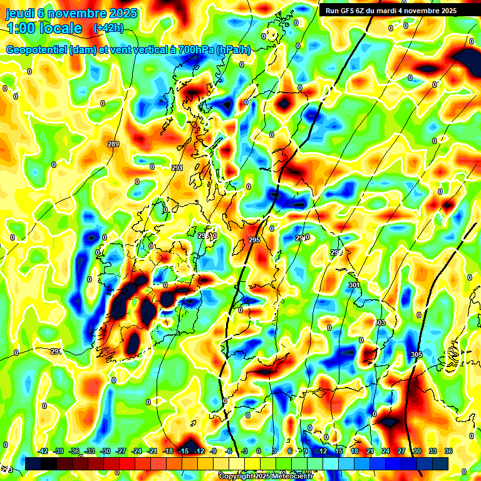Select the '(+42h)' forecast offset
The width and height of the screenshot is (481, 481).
pos(108,28)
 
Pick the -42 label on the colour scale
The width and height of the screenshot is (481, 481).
pos(43,451)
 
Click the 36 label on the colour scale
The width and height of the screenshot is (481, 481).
pos(448,451)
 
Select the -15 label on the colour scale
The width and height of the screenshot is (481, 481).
pos(184,451)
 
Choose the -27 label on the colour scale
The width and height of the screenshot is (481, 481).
pos(121,451)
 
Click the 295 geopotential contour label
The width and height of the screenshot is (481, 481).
pos(254,240)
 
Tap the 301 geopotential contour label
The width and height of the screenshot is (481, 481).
pos(354,285)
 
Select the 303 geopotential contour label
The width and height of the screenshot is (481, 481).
pos(380,323)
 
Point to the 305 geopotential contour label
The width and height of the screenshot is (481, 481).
pos(416,354)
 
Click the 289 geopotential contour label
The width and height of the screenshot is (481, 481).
pos(113,145)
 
